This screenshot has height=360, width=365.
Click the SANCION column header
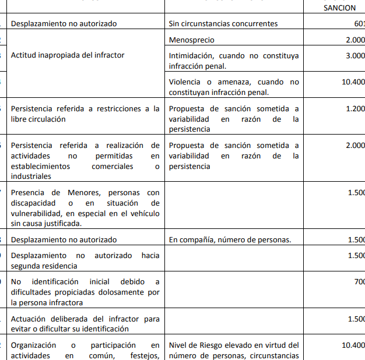[x=339, y=8]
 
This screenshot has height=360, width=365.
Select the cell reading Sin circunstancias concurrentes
[x=223, y=24]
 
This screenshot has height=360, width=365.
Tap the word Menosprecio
[x=191, y=40]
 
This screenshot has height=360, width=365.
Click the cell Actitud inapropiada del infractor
[x=68, y=55]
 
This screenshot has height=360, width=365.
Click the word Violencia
[x=186, y=82]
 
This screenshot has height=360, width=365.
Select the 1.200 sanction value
[x=354, y=109]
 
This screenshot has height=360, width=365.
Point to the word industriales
[x=31, y=177]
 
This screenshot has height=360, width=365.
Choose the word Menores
[x=86, y=192]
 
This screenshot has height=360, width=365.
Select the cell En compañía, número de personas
[x=229, y=239]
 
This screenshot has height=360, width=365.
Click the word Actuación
[x=30, y=319]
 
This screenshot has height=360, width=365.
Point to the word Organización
[x=34, y=345]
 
